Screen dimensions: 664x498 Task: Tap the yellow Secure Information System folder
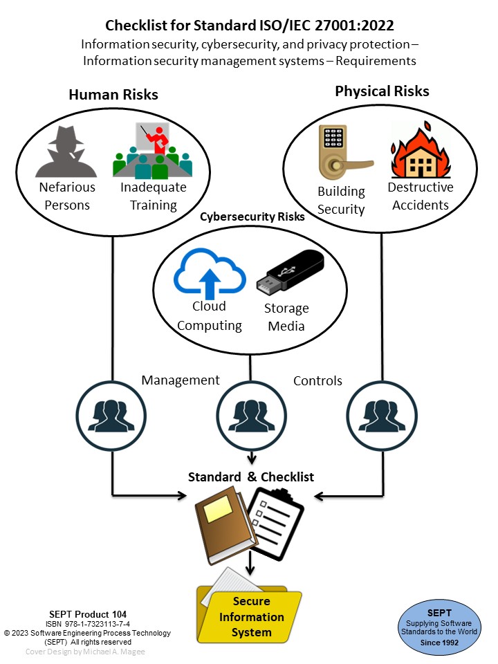click(x=249, y=612)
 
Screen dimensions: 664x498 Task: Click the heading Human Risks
click(x=113, y=95)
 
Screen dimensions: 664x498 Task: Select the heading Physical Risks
click(x=382, y=91)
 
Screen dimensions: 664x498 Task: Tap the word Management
click(x=181, y=380)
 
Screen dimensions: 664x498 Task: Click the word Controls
click(x=317, y=380)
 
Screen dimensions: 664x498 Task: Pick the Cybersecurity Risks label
click(x=252, y=216)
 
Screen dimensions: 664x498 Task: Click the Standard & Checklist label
click(x=251, y=477)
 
